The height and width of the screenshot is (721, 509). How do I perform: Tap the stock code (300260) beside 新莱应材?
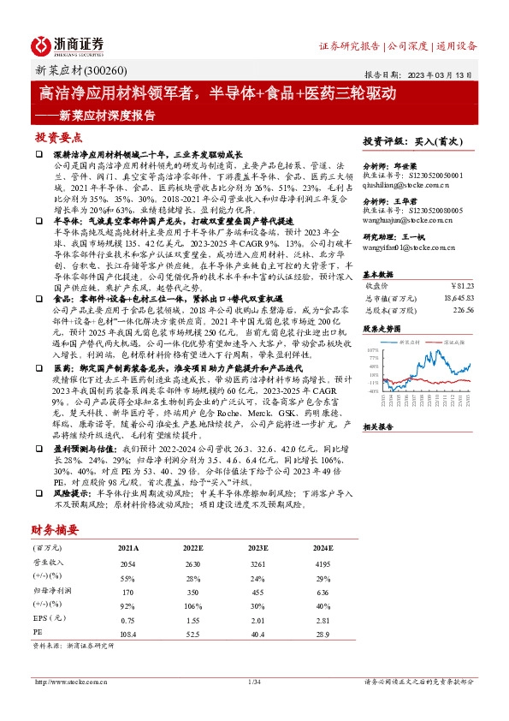[x=103, y=70]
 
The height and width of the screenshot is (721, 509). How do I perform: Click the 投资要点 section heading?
[x=59, y=137]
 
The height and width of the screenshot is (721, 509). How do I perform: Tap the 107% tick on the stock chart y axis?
[x=371, y=350]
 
